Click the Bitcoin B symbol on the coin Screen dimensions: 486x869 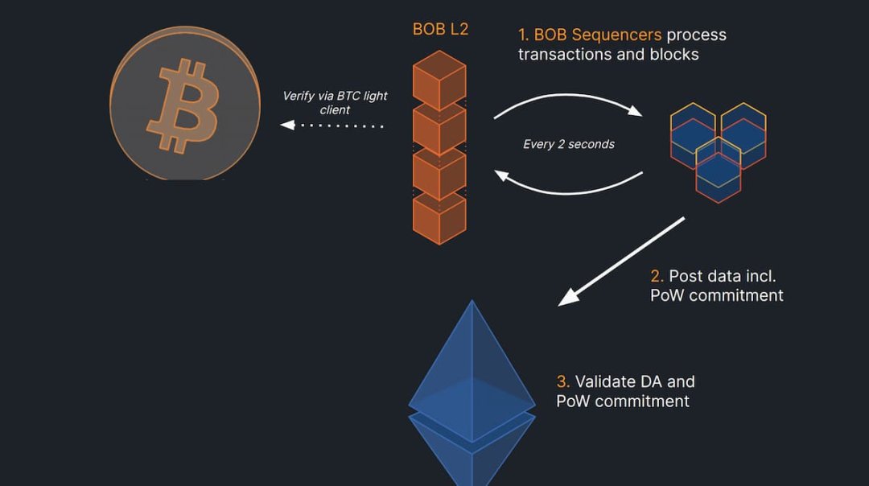click(x=183, y=105)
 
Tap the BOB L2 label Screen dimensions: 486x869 click(x=440, y=30)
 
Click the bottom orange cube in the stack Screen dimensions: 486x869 click(x=439, y=217)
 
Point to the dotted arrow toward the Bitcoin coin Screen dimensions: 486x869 click(x=334, y=126)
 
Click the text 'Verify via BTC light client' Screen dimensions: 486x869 click(x=335, y=102)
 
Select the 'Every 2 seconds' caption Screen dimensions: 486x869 click(x=568, y=144)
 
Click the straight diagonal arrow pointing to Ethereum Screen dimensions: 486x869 click(x=621, y=262)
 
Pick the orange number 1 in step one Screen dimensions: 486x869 click(x=524, y=35)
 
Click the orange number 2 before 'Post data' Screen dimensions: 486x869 click(x=657, y=276)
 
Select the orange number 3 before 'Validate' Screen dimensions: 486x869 click(x=563, y=381)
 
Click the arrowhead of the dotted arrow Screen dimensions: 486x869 click(x=285, y=126)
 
